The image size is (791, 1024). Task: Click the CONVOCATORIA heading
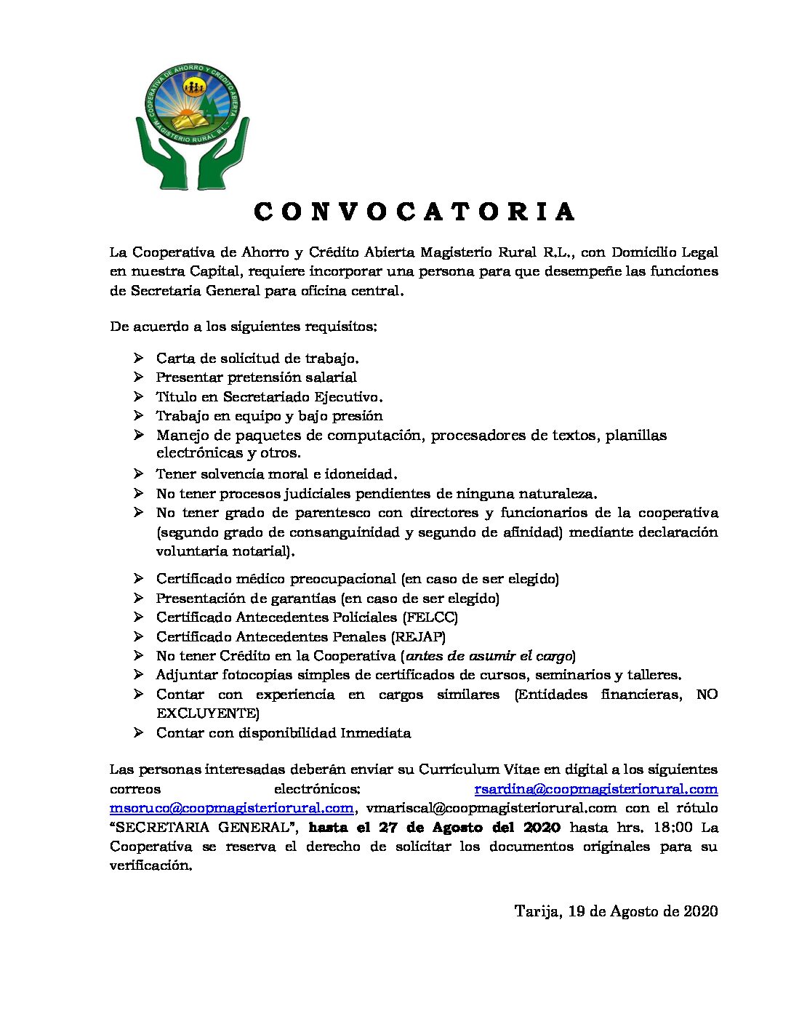tap(414, 212)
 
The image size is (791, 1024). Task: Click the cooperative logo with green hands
tap(193, 126)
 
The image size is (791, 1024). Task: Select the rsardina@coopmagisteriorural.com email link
tap(595, 789)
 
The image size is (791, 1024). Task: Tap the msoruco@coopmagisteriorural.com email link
tap(232, 808)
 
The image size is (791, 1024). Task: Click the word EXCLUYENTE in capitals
tap(207, 713)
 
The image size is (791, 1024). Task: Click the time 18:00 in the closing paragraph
tap(674, 828)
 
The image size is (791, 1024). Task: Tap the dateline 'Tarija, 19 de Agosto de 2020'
tap(616, 911)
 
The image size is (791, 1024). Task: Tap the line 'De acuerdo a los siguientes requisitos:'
tap(244, 327)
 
